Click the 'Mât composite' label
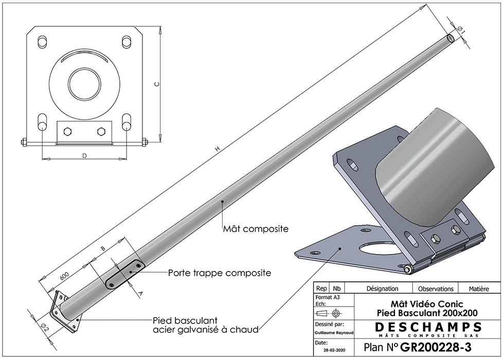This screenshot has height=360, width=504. point(256,229)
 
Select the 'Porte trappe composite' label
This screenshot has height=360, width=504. point(220,273)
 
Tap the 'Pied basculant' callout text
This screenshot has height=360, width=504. point(185,320)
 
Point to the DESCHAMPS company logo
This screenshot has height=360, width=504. point(428,330)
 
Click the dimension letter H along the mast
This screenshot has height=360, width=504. point(218,149)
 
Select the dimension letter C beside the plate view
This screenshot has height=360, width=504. point(156,84)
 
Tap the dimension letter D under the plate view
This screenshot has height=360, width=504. point(84,156)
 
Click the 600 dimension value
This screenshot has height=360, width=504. point(64,276)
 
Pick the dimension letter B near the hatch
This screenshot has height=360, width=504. point(103,248)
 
